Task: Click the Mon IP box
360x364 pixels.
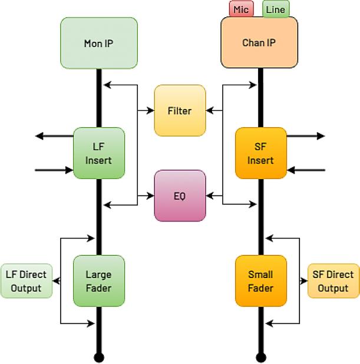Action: (99, 43)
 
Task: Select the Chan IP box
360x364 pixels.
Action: (259, 42)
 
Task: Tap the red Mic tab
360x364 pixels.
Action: (241, 9)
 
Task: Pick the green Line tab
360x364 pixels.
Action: (276, 9)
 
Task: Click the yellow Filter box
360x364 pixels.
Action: (180, 111)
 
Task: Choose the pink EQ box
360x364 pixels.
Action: (180, 196)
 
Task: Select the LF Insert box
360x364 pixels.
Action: (99, 153)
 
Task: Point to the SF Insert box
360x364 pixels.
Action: (260, 153)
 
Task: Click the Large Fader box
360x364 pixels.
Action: (99, 281)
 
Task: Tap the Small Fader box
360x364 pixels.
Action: (260, 281)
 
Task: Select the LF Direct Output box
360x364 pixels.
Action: (27, 281)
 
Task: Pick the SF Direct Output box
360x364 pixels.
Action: (333, 281)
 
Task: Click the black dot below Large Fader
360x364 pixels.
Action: (99, 357)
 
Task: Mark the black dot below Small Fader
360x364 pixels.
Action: (260, 357)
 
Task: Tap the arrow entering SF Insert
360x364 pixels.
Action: (306, 170)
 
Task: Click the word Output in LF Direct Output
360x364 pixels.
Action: (27, 288)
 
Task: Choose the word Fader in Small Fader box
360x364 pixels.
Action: (260, 288)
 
